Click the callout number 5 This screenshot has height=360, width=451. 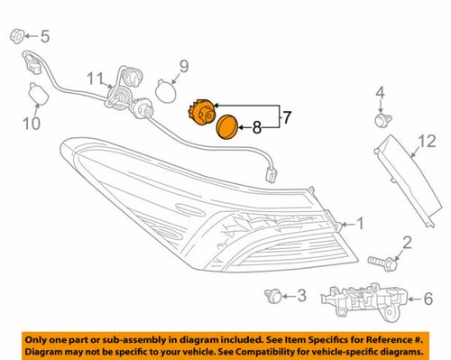[46, 37]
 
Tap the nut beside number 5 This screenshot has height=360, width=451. [17, 37]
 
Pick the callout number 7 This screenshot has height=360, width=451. [287, 116]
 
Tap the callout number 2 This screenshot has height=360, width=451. [407, 241]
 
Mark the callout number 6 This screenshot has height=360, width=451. [428, 295]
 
